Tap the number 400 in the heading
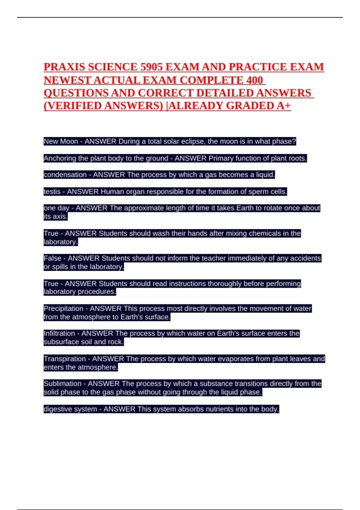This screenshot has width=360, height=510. click(254, 80)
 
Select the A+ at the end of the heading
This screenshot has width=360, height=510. click(283, 106)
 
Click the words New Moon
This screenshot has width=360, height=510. click(61, 141)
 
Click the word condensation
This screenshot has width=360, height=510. click(65, 175)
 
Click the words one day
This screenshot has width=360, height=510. click(56, 208)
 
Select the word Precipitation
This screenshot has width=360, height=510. click(63, 308)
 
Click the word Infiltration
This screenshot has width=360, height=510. click(59, 333)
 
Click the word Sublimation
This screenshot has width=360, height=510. click(62, 383)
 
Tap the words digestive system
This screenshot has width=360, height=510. click(70, 409)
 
